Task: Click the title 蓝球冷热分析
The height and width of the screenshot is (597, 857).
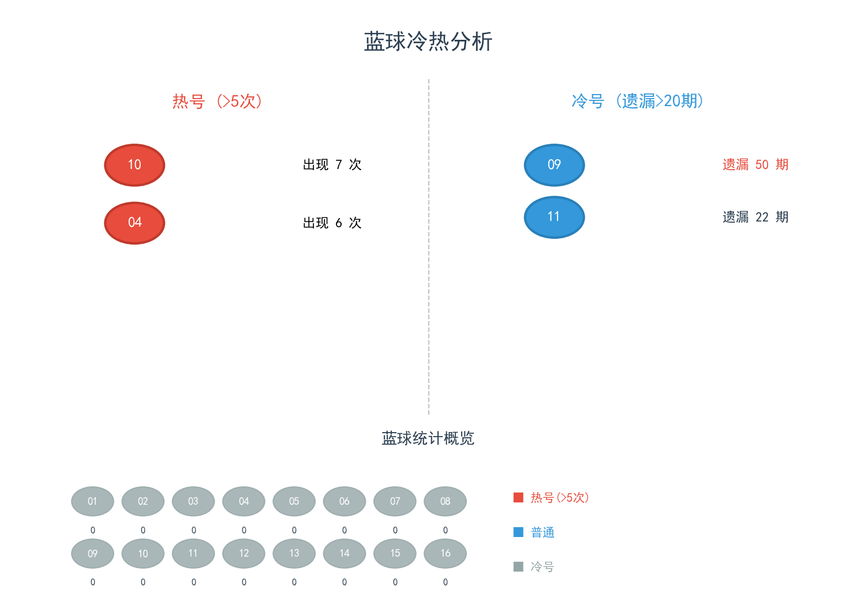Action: (428, 42)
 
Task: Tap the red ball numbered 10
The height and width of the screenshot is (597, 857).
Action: (134, 165)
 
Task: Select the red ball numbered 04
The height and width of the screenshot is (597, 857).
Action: (134, 223)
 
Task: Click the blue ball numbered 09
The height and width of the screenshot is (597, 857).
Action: (554, 165)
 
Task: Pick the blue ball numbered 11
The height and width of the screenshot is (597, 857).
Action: (554, 217)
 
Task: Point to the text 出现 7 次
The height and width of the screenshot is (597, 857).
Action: (332, 165)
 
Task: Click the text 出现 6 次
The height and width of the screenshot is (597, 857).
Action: (332, 223)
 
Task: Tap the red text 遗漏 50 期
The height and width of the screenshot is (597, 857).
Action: (755, 165)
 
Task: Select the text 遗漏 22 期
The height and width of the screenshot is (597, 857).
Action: (755, 217)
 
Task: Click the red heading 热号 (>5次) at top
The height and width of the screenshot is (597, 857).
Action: (217, 102)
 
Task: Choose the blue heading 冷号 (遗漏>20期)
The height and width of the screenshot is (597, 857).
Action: (637, 102)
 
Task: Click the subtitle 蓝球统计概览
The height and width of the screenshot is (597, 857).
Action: (428, 438)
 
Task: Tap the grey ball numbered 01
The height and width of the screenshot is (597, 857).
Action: (92, 501)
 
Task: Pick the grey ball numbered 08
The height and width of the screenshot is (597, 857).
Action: (445, 501)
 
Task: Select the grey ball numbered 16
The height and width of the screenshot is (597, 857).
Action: (445, 553)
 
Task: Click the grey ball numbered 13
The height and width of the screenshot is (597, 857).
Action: (294, 553)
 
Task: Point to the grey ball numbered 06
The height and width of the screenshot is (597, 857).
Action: (345, 501)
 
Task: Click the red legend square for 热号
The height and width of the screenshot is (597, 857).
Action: (518, 497)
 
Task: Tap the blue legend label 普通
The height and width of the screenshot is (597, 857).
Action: (542, 532)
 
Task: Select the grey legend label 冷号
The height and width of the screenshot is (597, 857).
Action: (542, 567)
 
